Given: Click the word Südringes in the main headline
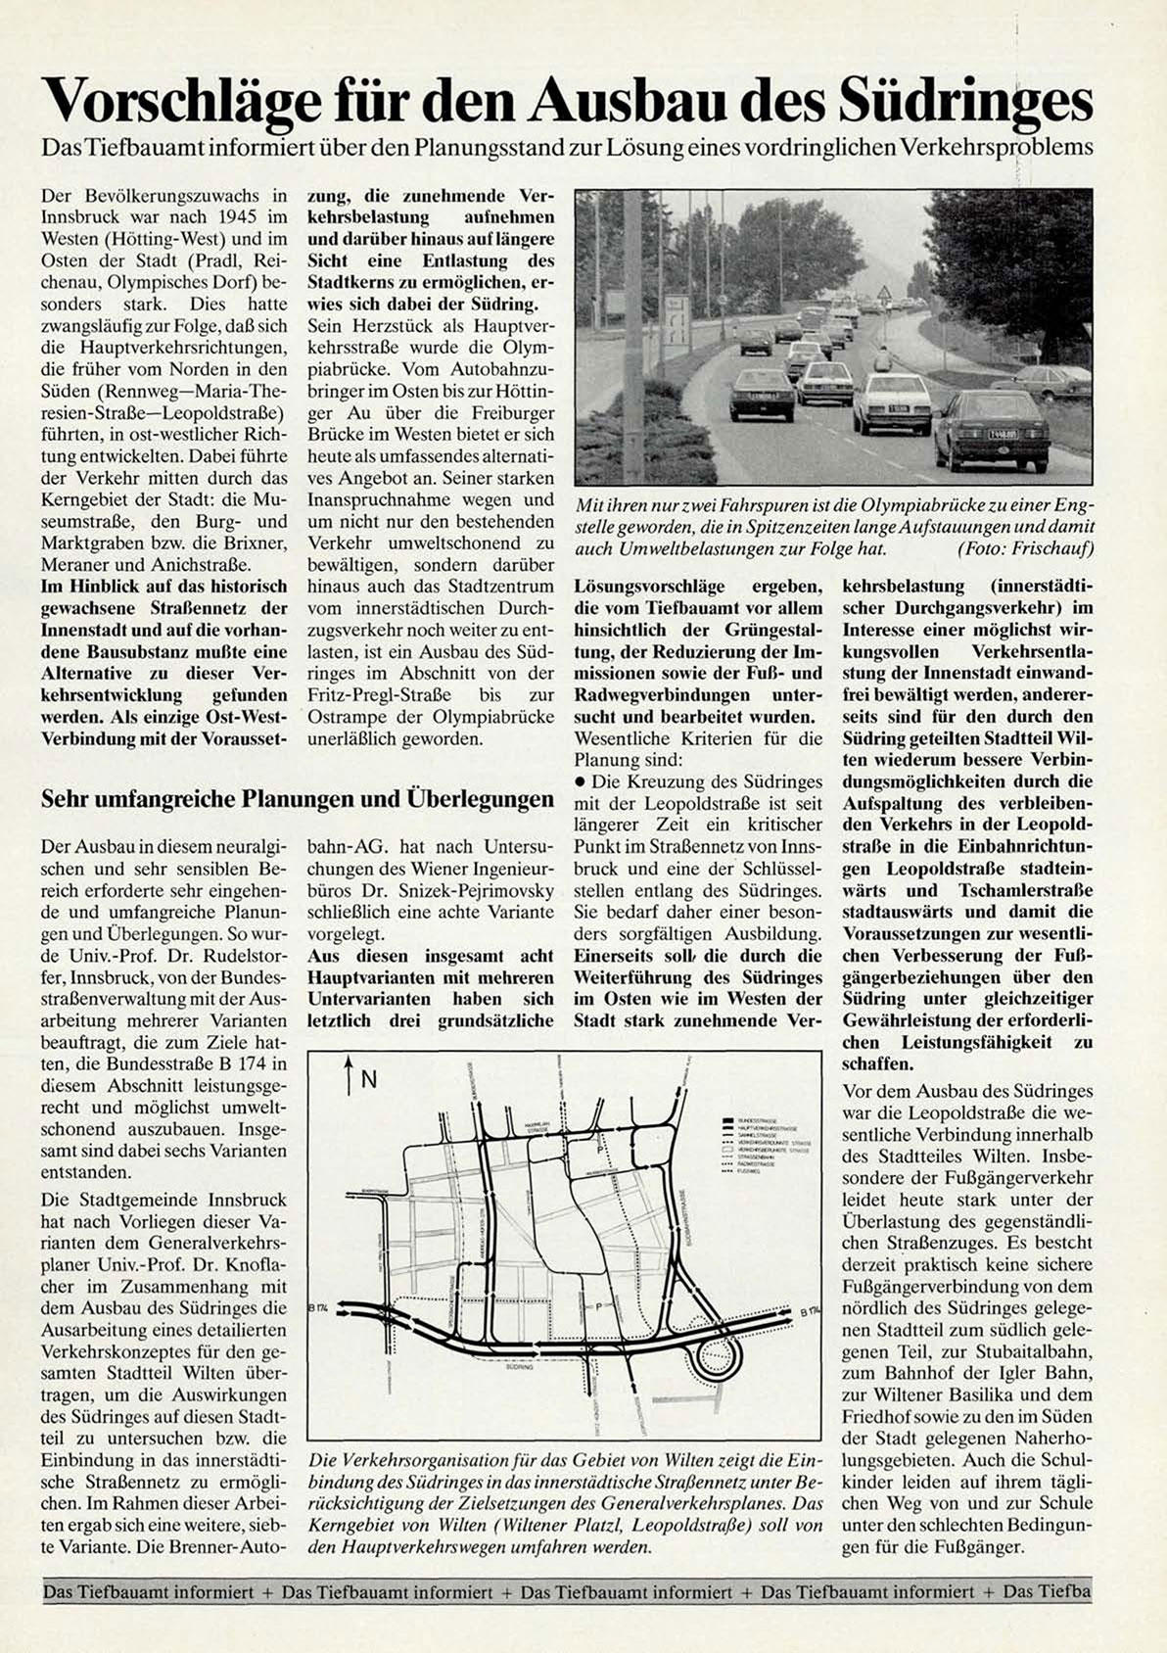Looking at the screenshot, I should tap(967, 102).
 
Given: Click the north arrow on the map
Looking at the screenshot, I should tap(349, 1075).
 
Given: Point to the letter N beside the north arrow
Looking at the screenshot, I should tap(369, 1079).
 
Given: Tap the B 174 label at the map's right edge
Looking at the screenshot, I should tap(809, 1311).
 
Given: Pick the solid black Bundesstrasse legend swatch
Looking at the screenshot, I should tap(727, 1117).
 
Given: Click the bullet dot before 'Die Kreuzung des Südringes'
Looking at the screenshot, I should tap(581, 782).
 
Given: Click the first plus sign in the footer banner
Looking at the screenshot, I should tap(267, 1592).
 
